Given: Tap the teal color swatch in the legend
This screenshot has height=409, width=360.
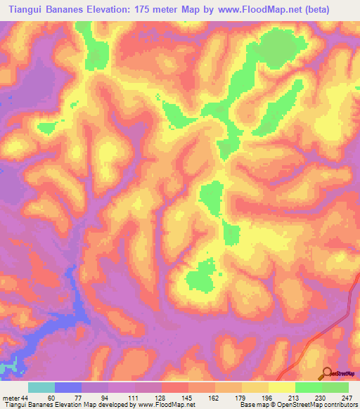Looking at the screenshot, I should coord(41,388).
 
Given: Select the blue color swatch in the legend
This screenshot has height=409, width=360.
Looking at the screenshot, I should coord(67,388).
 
